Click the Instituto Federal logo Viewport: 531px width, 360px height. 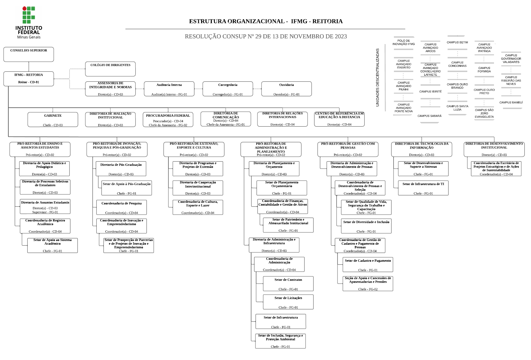tap(29, 22)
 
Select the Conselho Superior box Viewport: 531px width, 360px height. tap(29, 54)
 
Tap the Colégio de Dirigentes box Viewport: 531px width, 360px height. tap(110, 69)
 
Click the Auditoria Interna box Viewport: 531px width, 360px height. tap(169, 89)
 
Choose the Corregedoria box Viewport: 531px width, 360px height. tap(228, 89)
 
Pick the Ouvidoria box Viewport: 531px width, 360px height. tap(287, 89)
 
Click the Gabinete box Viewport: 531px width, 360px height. tap(53, 120)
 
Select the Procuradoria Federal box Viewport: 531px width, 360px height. tap(168, 120)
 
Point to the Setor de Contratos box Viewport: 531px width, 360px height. tap(288, 284)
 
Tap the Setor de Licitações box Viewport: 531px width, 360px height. tap(288, 302)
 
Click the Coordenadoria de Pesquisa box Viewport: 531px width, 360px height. tap(121, 207)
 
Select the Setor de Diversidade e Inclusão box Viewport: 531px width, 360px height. tap(366, 226)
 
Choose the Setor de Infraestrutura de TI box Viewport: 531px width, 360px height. tap(423, 188)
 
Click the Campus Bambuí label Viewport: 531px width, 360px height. tap(511, 103)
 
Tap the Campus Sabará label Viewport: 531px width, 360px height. tap(430, 116)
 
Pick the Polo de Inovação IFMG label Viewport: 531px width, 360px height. tap(404, 42)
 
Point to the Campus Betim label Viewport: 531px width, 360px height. tap(457, 43)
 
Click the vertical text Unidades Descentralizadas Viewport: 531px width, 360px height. tap(378, 78)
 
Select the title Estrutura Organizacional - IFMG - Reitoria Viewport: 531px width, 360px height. tap(266, 21)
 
